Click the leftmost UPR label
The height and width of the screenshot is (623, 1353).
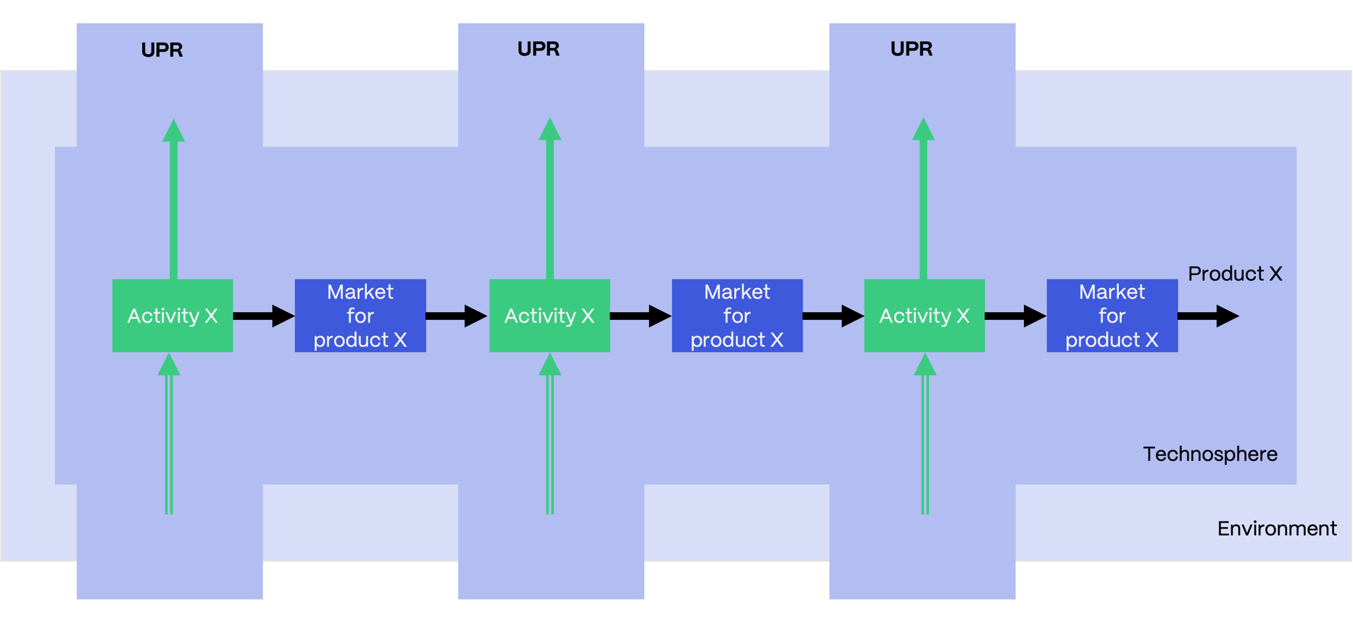162,50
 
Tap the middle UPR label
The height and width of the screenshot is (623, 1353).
538,49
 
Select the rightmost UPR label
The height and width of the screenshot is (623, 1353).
911,49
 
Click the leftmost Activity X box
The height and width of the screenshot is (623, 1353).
172,316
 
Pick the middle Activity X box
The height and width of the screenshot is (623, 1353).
549,316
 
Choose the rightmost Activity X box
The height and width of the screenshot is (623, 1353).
924,316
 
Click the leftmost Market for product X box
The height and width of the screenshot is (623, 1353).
360,316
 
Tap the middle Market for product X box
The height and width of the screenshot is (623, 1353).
737,316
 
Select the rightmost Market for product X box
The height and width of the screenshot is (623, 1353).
1112,316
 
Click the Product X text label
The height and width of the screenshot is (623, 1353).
1234,273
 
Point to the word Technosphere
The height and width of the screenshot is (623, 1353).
1209,454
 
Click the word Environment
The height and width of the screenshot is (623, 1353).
1276,529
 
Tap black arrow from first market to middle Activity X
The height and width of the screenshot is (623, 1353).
456,316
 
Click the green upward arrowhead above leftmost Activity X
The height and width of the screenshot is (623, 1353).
174,131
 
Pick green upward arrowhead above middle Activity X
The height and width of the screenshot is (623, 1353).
550,130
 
